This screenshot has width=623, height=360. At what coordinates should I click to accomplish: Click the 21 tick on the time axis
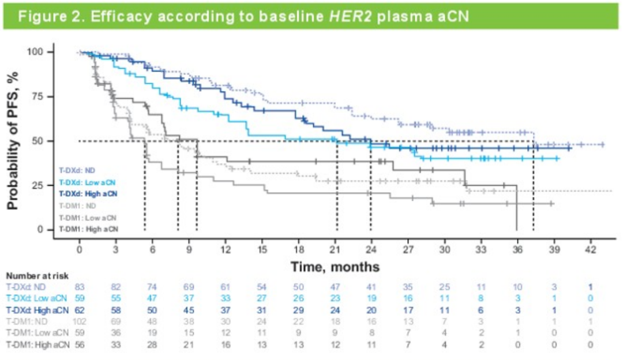coord(336,250)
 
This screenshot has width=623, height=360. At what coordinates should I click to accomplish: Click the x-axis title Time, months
coord(335,267)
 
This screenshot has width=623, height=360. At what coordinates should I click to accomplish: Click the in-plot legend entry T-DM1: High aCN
coord(89,228)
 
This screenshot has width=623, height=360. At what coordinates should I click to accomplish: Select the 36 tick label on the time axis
coord(517,250)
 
